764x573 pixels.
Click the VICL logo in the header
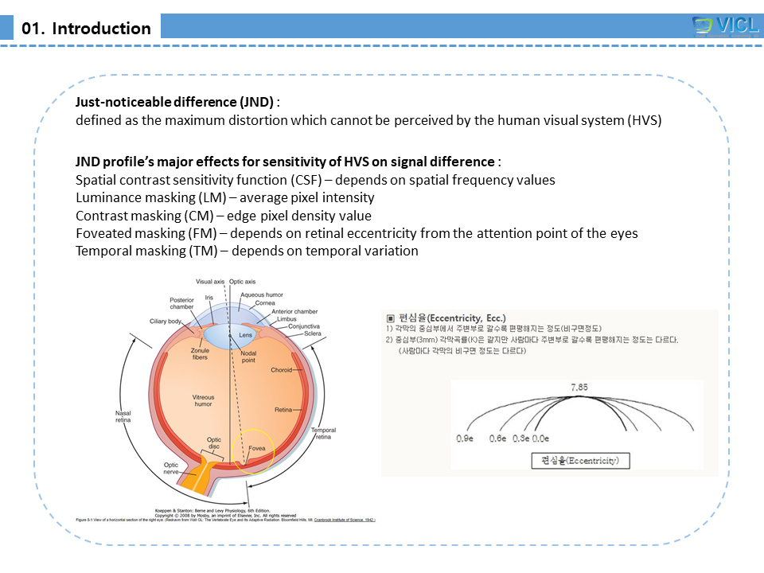point(725,25)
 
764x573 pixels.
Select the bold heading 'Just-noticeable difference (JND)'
point(174,103)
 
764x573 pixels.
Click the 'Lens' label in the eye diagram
point(246,335)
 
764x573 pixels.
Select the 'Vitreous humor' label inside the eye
point(203,401)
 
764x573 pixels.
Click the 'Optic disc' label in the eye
point(214,443)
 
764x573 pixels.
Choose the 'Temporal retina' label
point(323,434)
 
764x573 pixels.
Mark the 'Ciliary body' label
point(166,322)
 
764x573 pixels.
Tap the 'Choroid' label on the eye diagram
point(282,370)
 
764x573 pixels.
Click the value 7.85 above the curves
point(579,387)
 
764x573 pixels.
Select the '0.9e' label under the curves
point(466,439)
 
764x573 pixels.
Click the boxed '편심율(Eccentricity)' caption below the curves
point(579,460)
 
